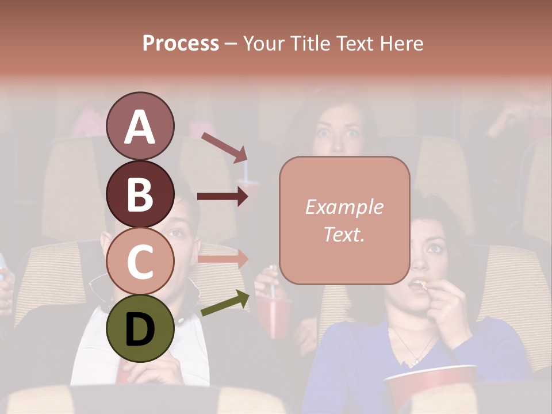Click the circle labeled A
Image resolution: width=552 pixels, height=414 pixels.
point(140,126)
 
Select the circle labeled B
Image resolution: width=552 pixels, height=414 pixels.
point(140,194)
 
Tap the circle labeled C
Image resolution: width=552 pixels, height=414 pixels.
point(140,261)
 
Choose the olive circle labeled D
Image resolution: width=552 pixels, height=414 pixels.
point(140,328)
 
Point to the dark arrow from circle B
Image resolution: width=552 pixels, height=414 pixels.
point(223,197)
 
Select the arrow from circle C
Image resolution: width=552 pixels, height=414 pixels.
point(223,259)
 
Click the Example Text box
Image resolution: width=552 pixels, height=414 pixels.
point(344,220)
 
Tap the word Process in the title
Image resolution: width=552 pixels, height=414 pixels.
point(181,43)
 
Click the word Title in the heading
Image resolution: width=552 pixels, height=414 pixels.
point(312,43)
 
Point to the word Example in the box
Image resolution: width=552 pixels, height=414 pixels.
point(344,207)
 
